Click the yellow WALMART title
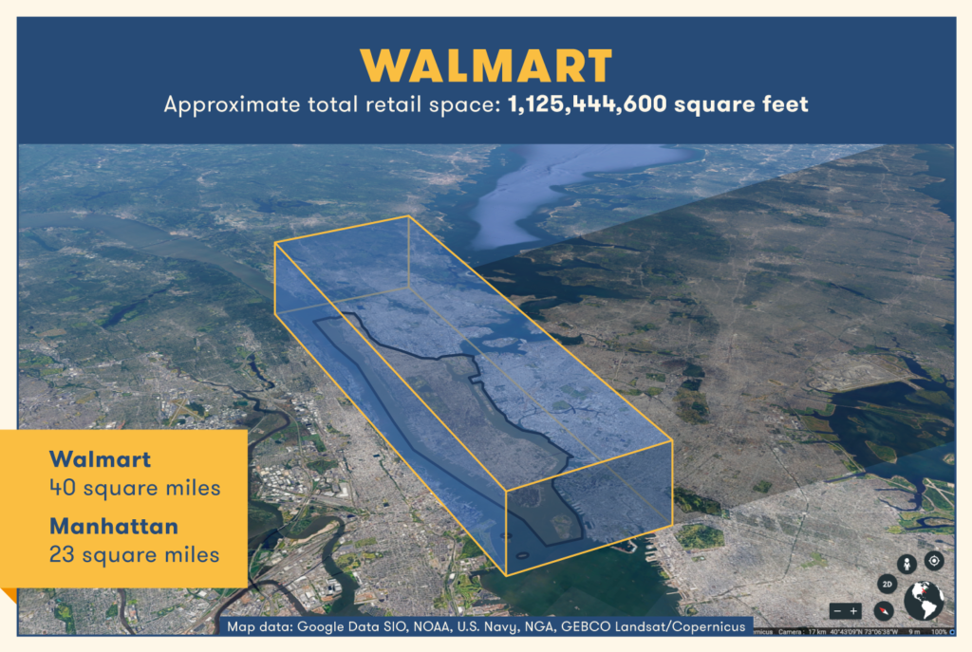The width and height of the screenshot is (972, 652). tap(485, 65)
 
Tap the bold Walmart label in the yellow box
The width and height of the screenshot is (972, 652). tap(102, 460)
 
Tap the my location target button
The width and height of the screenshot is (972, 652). tap(934, 561)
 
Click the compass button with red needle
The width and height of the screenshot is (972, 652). tap(885, 610)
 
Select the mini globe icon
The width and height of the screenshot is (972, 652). tap(924, 601)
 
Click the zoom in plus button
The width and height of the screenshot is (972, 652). tap(854, 610)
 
